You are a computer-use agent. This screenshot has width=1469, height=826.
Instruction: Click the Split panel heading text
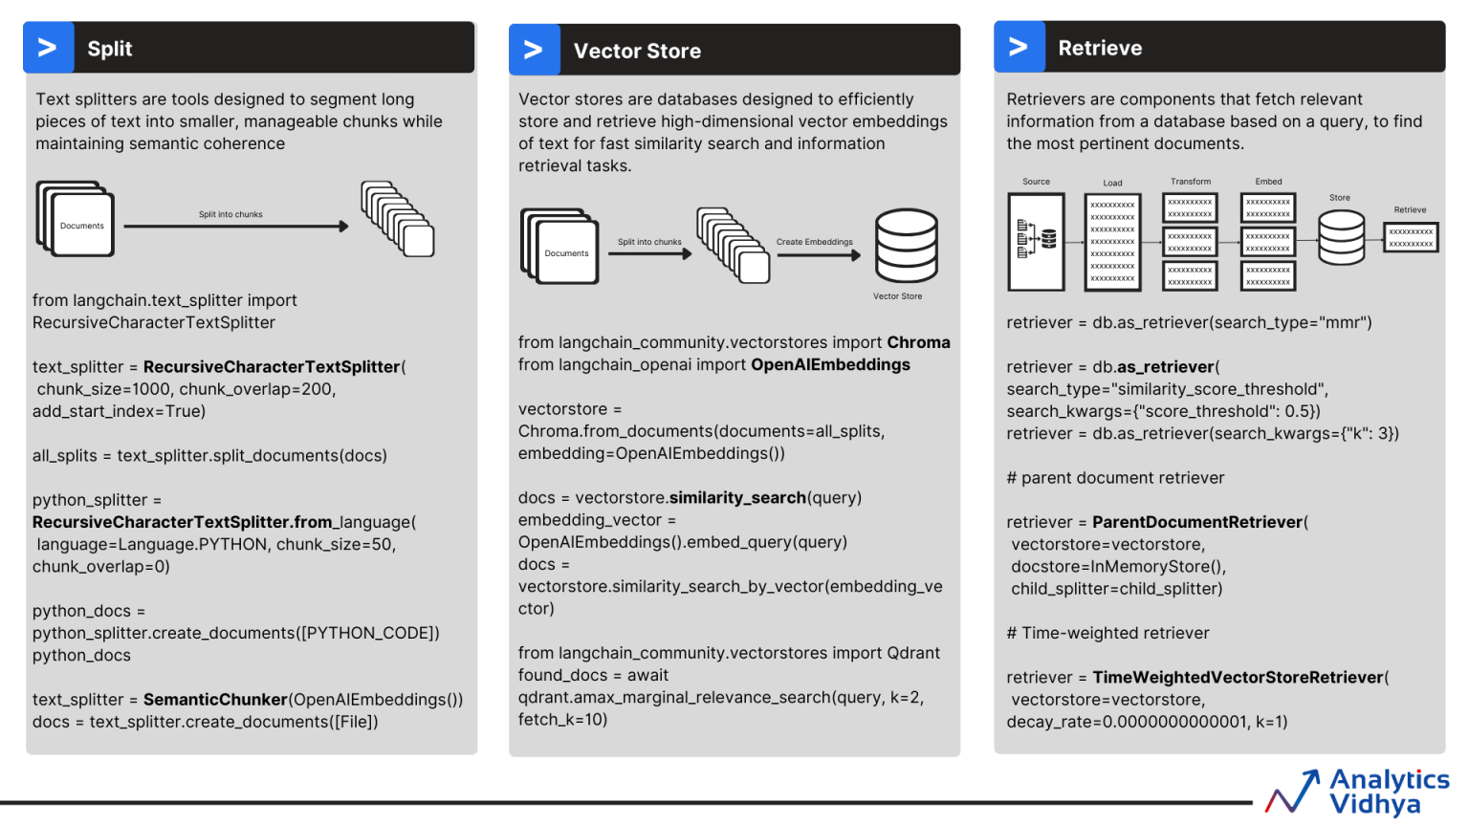click(x=109, y=49)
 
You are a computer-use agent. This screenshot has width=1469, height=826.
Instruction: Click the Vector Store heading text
click(x=637, y=52)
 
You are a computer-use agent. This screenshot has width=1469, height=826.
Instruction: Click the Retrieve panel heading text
click(x=1100, y=48)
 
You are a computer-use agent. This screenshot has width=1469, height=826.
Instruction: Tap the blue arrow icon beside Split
click(x=48, y=48)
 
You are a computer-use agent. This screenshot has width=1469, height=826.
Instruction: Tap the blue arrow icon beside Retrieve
click(x=1019, y=47)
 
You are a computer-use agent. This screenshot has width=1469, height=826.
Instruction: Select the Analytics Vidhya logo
click(x=1358, y=792)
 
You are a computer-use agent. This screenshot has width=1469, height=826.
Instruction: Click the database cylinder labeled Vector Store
click(x=906, y=246)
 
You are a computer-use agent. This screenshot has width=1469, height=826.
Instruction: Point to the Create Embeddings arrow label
click(x=814, y=242)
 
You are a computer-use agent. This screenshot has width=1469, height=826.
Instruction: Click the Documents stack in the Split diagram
click(x=77, y=219)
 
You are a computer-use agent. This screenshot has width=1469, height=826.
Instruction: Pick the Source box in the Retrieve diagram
click(x=1036, y=242)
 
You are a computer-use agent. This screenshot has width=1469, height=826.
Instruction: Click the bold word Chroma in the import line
click(x=918, y=342)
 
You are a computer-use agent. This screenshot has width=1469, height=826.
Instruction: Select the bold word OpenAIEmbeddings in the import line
click(x=830, y=364)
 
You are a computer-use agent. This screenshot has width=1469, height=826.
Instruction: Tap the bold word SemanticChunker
click(x=215, y=700)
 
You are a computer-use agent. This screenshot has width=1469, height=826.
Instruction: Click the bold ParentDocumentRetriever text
click(x=1197, y=522)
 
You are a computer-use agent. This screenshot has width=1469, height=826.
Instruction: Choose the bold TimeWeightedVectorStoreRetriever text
click(x=1238, y=677)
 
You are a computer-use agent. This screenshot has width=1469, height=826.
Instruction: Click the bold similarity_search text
click(x=737, y=498)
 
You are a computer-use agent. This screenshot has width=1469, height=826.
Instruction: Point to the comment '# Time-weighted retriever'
click(x=1107, y=633)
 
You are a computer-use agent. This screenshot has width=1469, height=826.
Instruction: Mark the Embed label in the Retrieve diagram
click(x=1268, y=182)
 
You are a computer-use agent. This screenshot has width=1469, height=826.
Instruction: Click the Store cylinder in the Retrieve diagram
click(x=1341, y=237)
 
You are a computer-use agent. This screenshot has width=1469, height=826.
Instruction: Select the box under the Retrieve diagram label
click(x=1411, y=237)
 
